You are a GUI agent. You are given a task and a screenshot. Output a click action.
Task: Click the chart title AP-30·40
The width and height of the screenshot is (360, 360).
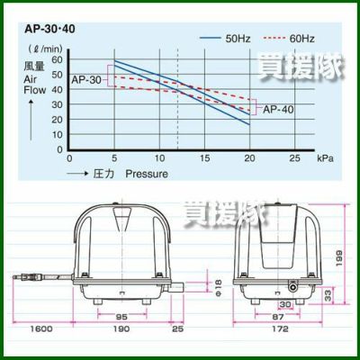click(49, 29)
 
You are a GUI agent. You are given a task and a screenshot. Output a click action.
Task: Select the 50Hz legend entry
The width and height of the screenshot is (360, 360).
click(225, 39)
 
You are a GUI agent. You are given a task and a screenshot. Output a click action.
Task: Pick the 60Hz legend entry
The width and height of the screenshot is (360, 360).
click(289, 39)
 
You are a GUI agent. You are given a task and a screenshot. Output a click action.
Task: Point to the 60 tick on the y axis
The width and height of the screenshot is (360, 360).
click(57, 59)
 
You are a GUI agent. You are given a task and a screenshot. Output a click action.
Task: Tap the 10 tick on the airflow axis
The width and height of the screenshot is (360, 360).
click(57, 135)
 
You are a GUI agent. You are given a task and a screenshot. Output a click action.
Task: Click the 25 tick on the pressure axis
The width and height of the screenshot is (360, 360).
click(294, 158)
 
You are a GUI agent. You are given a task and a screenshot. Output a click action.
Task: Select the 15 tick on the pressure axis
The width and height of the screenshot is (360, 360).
click(204, 158)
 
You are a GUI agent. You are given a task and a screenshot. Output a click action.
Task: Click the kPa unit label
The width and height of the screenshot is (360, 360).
click(325, 158)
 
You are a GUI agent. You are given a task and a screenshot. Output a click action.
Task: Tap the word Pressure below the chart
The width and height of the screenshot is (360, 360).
click(147, 174)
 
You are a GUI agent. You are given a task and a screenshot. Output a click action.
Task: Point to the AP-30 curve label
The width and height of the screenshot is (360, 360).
click(86, 80)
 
